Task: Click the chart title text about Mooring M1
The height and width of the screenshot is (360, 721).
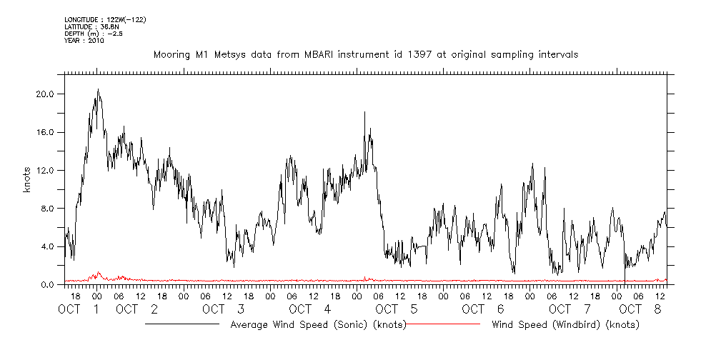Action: pos(366,54)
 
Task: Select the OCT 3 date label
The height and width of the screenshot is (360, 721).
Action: pos(224,309)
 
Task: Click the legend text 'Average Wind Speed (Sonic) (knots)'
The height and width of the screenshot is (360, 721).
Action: pos(319,325)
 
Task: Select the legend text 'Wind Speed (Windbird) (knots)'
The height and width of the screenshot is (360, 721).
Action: pos(565,325)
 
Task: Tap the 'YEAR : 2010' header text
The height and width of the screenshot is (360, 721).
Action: pos(84,41)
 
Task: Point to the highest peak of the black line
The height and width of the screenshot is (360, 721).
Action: pos(98,89)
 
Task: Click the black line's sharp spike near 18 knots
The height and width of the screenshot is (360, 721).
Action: pos(364,112)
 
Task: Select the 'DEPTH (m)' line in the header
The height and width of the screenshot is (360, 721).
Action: pos(94,33)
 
